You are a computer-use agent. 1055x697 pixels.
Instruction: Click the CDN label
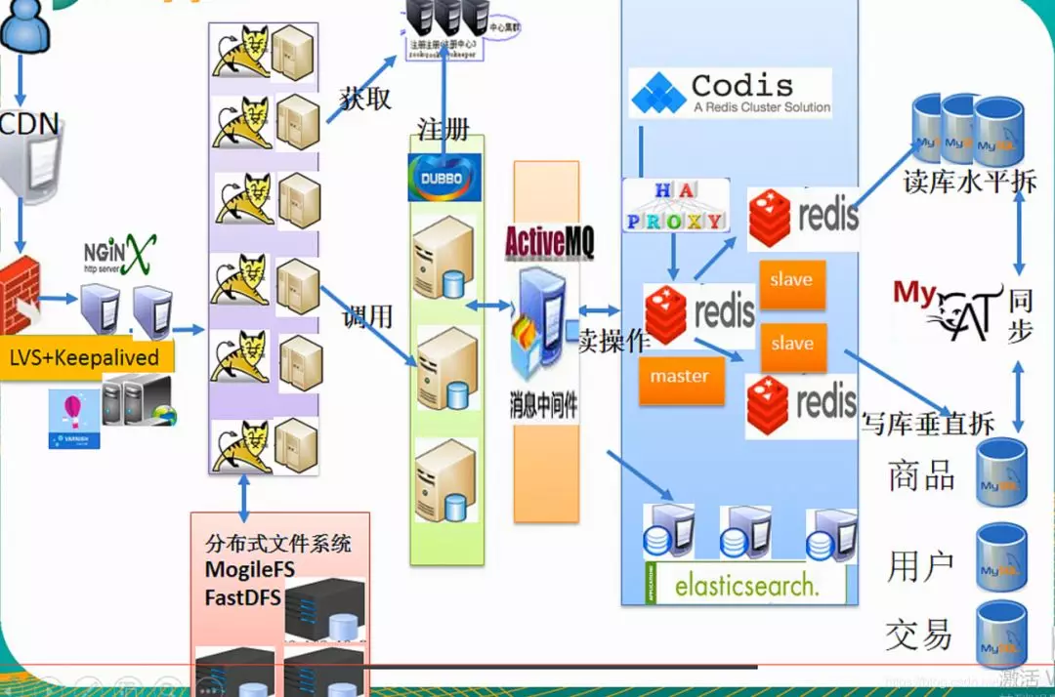click(x=29, y=124)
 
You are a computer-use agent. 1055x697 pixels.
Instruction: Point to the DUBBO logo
click(x=444, y=178)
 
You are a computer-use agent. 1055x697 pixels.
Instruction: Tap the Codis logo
click(x=730, y=94)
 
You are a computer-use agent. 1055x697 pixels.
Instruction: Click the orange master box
click(x=681, y=377)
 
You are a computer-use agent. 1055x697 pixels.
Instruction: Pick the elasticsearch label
click(x=744, y=586)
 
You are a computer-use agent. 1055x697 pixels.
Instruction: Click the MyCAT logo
click(x=948, y=310)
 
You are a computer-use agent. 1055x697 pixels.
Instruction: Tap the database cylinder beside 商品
click(x=1002, y=471)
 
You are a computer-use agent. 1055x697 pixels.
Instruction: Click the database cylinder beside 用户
click(x=1002, y=557)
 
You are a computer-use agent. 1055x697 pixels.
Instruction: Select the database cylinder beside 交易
click(x=1002, y=633)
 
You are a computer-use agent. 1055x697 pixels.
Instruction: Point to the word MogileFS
click(x=250, y=569)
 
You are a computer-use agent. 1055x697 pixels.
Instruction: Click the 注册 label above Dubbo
click(x=443, y=130)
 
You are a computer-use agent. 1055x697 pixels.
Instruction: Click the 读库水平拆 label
click(x=969, y=182)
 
